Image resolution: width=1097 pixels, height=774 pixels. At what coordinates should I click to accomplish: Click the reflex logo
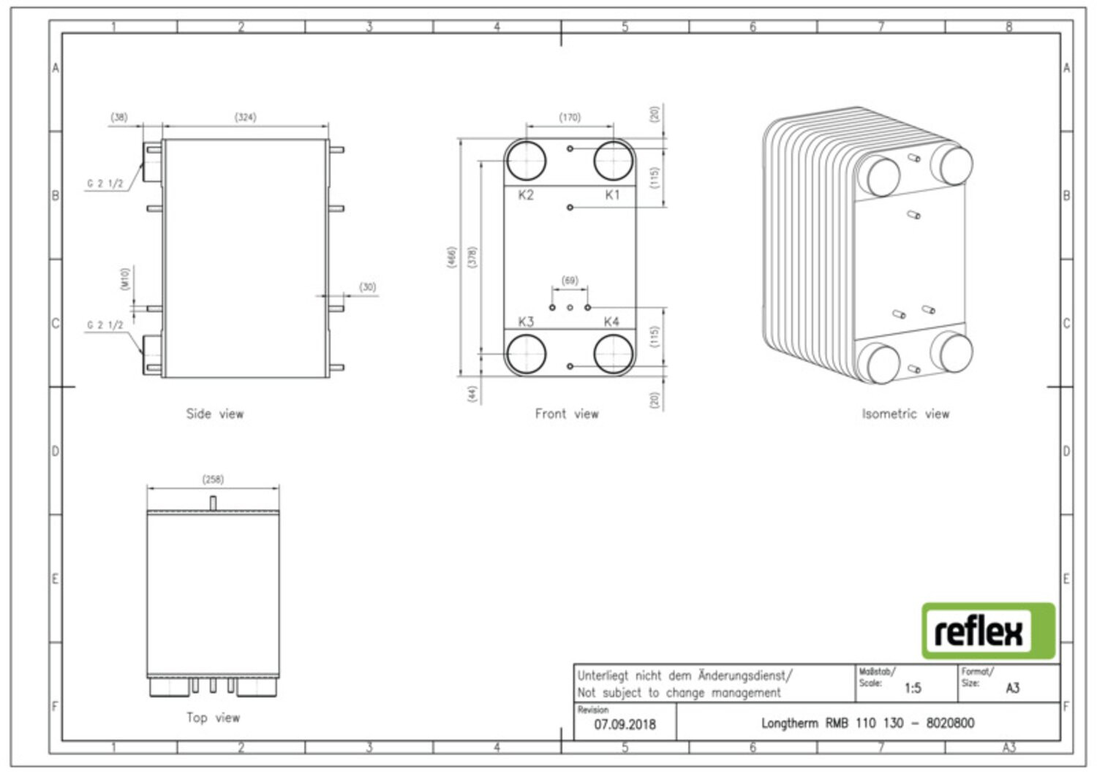coord(988,631)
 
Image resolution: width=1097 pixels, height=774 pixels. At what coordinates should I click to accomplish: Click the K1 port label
coord(612,195)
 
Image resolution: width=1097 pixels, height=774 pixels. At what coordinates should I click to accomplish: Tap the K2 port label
coord(526,195)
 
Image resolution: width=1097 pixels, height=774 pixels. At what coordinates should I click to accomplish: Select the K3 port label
coord(526,322)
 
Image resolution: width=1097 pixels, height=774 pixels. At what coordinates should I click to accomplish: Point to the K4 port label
coord(611,322)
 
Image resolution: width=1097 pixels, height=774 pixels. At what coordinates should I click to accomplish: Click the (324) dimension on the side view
coord(245,117)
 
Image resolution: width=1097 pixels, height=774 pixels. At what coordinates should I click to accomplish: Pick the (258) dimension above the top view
coord(213,479)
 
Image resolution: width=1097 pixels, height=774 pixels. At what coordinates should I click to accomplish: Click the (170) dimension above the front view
coord(570,118)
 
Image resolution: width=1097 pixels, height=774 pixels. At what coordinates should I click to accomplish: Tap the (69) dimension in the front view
coord(570,281)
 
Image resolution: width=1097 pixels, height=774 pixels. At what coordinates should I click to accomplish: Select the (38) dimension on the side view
coord(119,117)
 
